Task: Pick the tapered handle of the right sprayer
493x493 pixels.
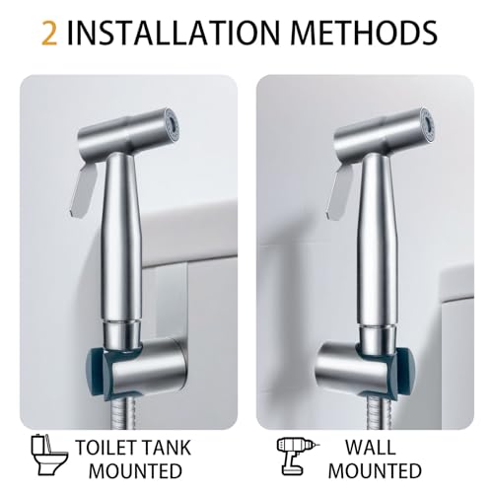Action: pyautogui.click(x=382, y=227)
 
